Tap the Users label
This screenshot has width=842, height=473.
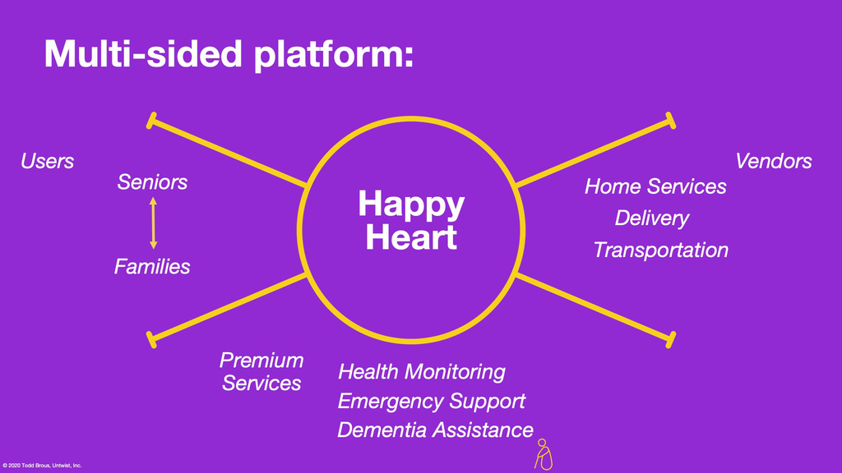tap(47, 161)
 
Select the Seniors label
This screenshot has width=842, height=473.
tap(152, 182)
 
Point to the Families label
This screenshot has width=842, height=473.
tap(152, 267)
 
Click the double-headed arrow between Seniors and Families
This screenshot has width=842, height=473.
tap(154, 223)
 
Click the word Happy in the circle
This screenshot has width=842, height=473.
tap(411, 205)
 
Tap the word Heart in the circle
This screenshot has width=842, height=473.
tap(411, 237)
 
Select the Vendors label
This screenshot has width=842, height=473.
tap(773, 161)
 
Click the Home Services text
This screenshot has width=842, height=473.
tap(655, 186)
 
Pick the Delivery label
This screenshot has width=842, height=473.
tap(651, 218)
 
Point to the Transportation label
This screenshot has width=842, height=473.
tap(660, 250)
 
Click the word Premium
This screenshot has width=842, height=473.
tap(261, 360)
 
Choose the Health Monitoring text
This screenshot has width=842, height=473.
tap(422, 372)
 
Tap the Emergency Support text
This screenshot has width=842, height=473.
tap(431, 401)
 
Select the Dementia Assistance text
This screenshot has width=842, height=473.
tap(435, 430)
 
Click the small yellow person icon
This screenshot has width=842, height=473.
tap(544, 455)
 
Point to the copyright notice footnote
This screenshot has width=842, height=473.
tap(42, 466)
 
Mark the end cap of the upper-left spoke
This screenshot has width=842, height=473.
tap(151, 121)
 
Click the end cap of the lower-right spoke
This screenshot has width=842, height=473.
tap(671, 340)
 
